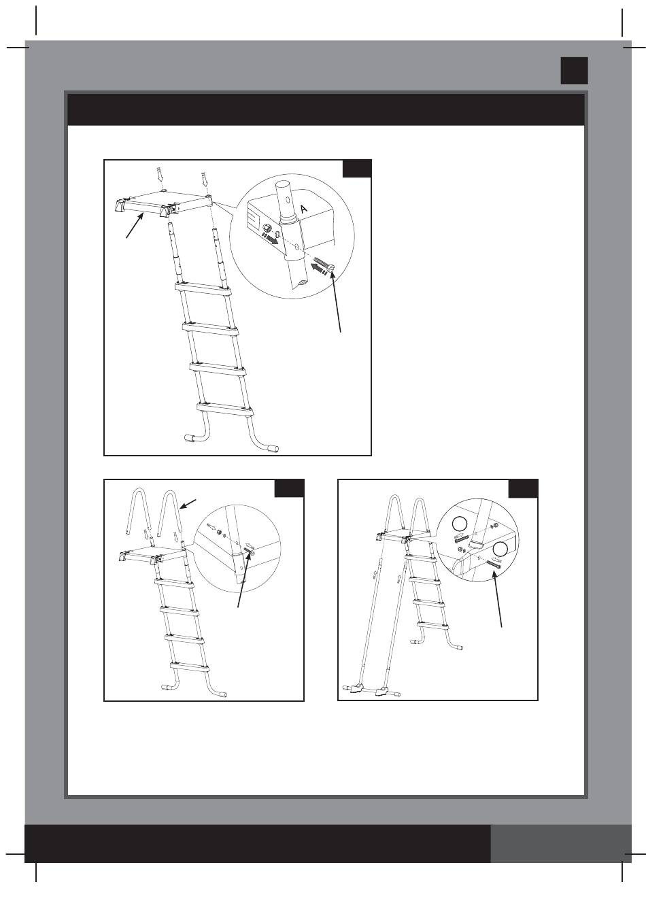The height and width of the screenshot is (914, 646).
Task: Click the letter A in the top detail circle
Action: pyautogui.click(x=303, y=209)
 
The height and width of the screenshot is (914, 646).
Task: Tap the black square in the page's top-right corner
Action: pyautogui.click(x=574, y=71)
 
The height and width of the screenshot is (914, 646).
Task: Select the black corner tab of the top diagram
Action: pyautogui.click(x=357, y=169)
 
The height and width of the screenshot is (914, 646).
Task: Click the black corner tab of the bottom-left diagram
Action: pyautogui.click(x=289, y=488)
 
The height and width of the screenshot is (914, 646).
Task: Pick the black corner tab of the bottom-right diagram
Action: pyautogui.click(x=523, y=489)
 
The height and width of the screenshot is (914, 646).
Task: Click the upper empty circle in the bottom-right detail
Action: pyautogui.click(x=460, y=524)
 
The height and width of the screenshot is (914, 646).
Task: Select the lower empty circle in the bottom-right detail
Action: pyautogui.click(x=500, y=549)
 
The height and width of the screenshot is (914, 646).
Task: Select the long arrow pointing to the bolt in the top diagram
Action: pyautogui.click(x=337, y=302)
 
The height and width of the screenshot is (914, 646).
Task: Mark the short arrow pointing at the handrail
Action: pyautogui.click(x=188, y=504)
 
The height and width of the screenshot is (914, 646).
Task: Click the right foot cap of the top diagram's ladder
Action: pyautogui.click(x=273, y=448)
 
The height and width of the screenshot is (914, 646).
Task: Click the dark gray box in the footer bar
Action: pyautogui.click(x=561, y=843)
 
